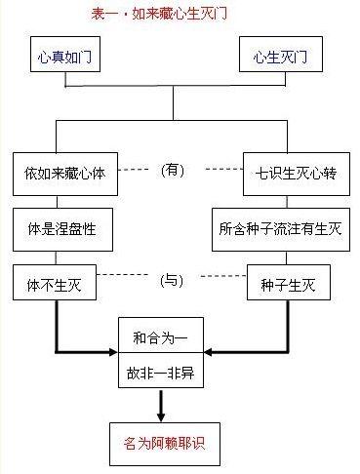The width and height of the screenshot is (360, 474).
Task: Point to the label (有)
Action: coord(172,169)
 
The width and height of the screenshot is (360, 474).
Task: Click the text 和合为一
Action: coord(162,339)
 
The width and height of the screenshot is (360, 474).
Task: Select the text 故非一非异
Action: coord(162,373)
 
